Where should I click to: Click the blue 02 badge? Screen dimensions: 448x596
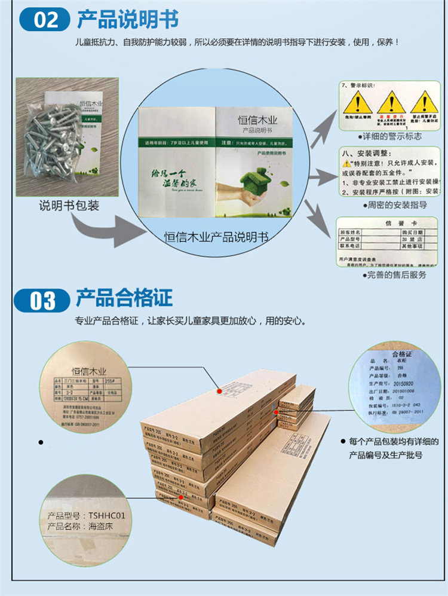pos(46,20)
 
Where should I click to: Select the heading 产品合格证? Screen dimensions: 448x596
pos(124,297)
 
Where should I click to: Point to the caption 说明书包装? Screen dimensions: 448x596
pos(69,206)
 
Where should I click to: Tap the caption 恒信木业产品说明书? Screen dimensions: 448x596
pos(216,237)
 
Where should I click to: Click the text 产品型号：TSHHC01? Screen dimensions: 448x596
pos(86,515)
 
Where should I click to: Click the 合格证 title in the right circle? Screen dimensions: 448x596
pos(402,355)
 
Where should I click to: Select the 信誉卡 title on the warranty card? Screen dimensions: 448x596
pos(388,223)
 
